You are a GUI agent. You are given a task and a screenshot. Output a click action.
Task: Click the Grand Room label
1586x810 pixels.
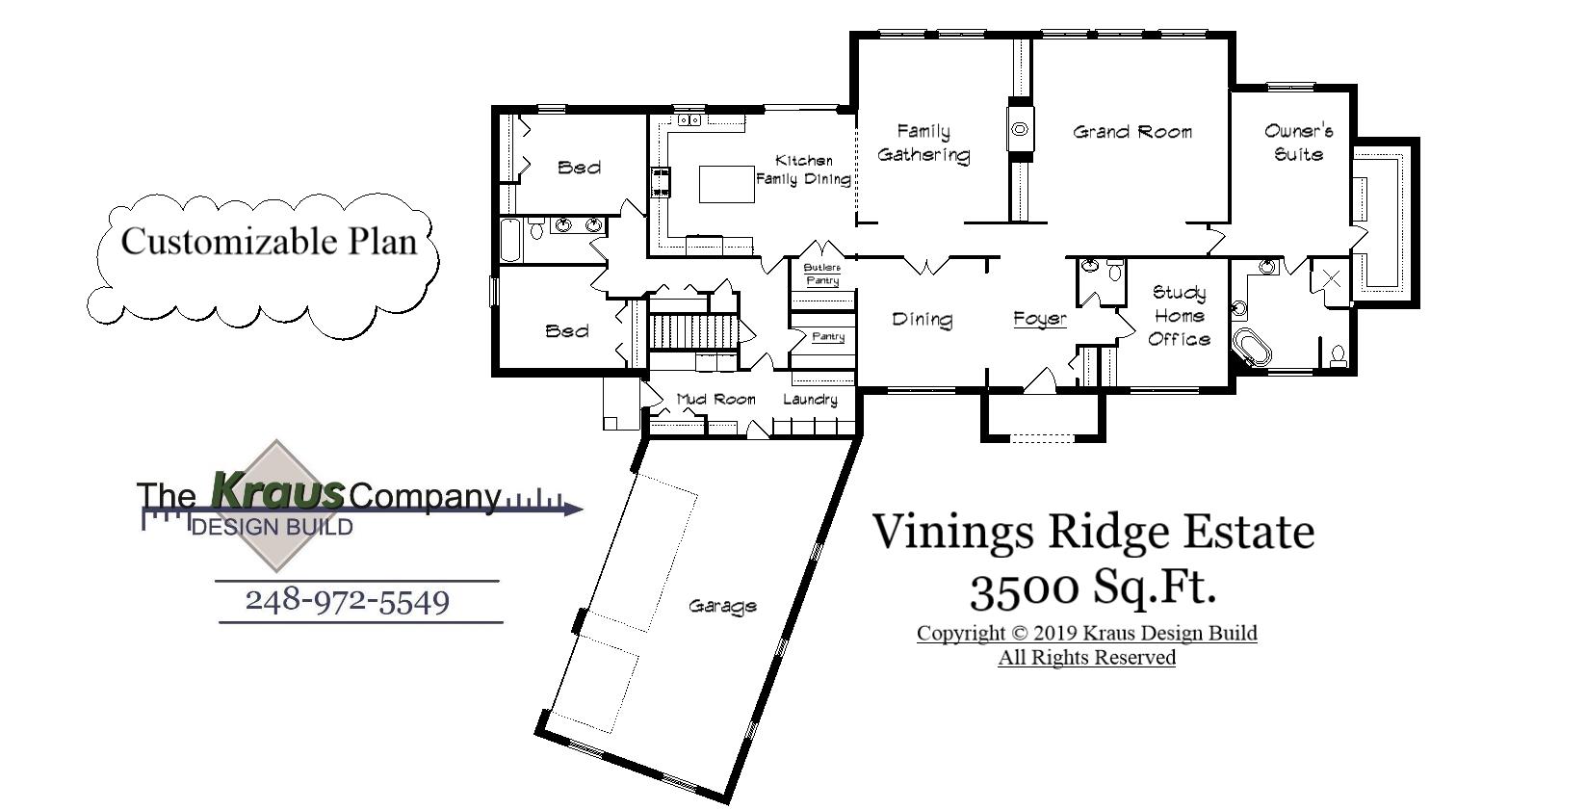click(x=1132, y=132)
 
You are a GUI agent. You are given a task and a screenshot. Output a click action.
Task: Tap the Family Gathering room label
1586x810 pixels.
click(x=923, y=143)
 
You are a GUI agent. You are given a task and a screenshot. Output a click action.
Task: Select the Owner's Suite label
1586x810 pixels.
click(x=1298, y=142)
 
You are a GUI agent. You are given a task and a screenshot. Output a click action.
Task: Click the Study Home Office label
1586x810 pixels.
click(x=1179, y=316)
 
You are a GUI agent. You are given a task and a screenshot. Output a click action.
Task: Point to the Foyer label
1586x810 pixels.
click(x=1040, y=319)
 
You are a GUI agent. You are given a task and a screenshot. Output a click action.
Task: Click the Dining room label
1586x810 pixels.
click(x=922, y=319)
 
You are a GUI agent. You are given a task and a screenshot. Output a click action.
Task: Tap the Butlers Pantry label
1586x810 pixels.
click(x=822, y=274)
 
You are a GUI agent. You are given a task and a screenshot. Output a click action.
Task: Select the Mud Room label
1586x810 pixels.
click(x=715, y=399)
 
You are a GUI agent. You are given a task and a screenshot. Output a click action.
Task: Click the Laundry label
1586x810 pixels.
click(x=810, y=399)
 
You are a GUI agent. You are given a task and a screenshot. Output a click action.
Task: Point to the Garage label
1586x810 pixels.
click(x=722, y=606)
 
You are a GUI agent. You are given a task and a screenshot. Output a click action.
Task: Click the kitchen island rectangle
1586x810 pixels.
click(x=726, y=184)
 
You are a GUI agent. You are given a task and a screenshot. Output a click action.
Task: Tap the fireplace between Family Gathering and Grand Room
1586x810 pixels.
click(x=1019, y=128)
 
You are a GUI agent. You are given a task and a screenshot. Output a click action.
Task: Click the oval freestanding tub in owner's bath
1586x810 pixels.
click(x=1253, y=348)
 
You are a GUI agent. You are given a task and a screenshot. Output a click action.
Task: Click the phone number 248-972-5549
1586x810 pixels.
click(x=348, y=602)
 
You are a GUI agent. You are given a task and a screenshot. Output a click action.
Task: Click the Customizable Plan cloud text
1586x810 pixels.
click(x=269, y=241)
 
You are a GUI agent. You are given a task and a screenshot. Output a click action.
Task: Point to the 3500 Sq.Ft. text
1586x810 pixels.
click(x=1092, y=588)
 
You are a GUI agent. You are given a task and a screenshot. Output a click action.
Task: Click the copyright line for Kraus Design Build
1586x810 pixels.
click(x=1086, y=634)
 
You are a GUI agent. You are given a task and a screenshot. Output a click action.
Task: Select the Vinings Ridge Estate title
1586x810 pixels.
click(x=1093, y=532)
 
